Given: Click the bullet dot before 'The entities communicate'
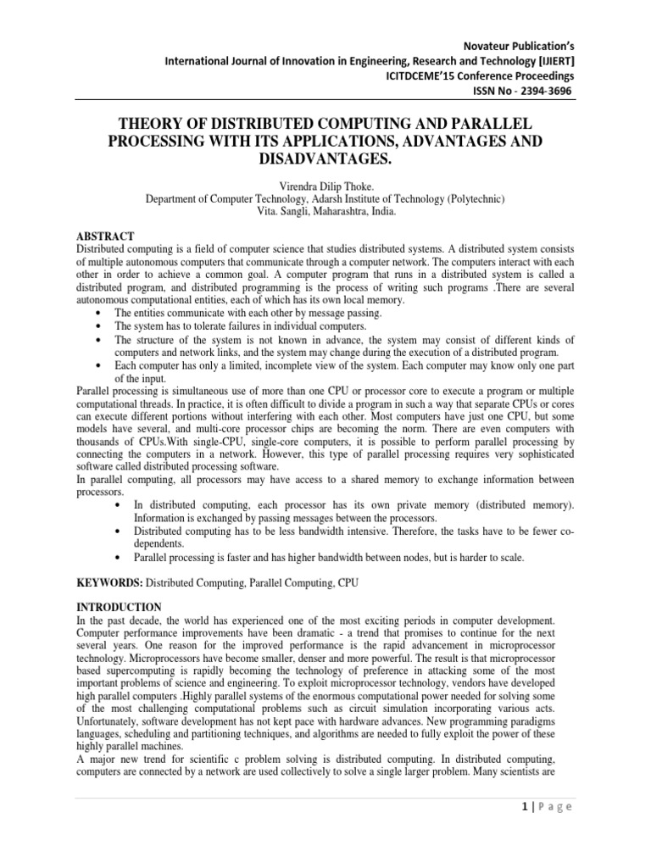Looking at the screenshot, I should pos(102,314).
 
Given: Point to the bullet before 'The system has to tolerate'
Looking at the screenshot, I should pos(102,326).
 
